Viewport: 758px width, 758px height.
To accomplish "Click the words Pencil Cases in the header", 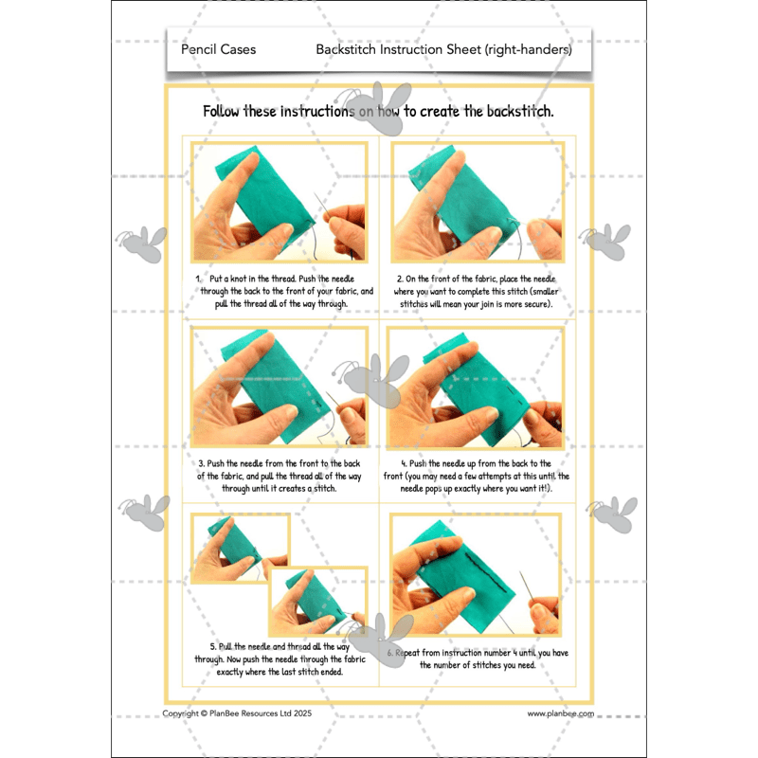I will (218, 49).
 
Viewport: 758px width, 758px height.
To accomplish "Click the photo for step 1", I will (279, 202).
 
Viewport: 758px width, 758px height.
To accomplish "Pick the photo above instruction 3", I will (279, 387).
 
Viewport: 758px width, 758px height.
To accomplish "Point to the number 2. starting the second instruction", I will (398, 279).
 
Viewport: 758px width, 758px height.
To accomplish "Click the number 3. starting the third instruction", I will (202, 464).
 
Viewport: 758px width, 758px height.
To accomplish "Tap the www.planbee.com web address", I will (560, 713).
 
